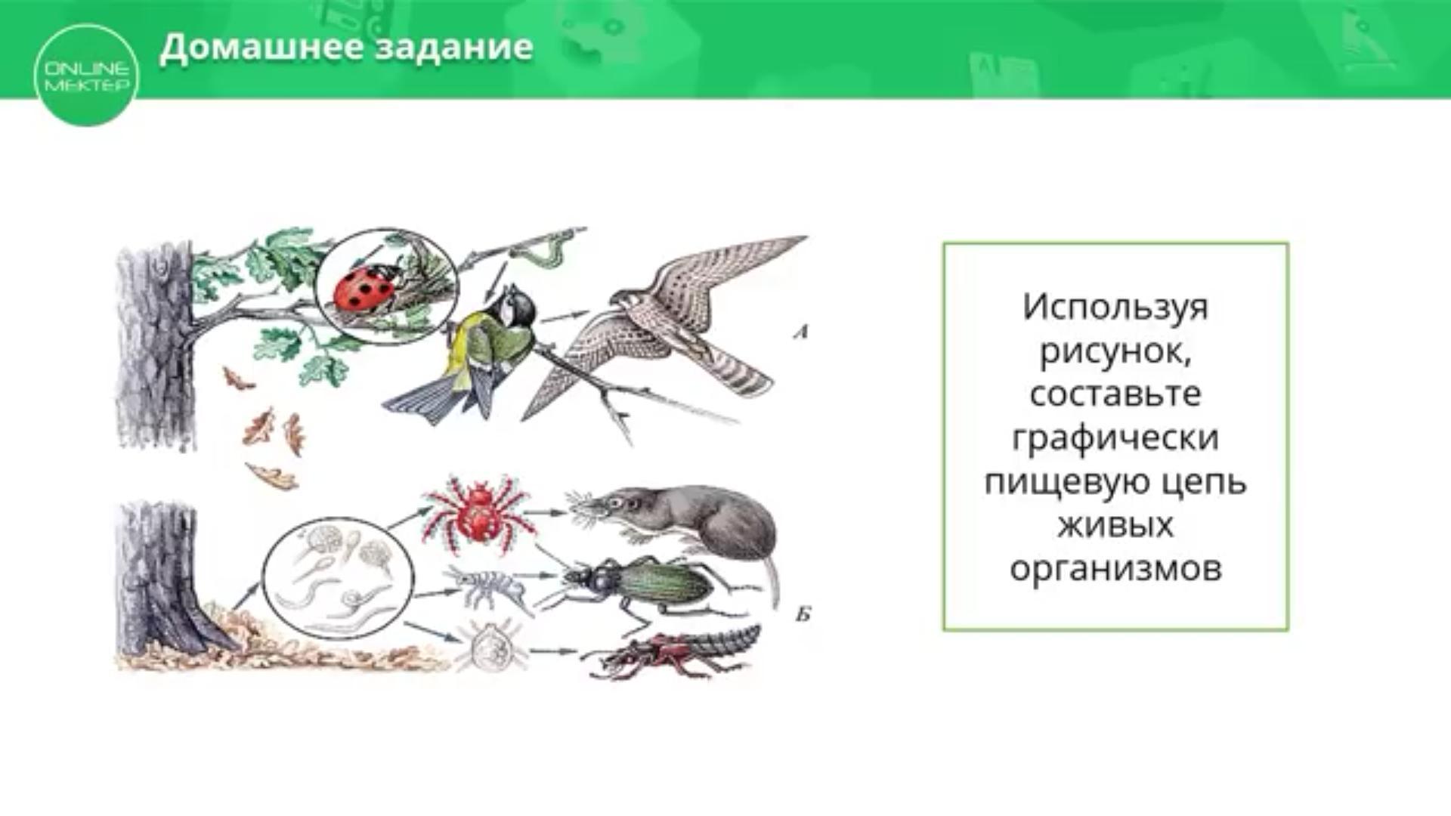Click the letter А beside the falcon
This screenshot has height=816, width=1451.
pos(801,331)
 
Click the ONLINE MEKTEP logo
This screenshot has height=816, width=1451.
pos(87,76)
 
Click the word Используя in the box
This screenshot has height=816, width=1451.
pos(1115,308)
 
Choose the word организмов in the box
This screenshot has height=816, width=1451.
pos(1115,569)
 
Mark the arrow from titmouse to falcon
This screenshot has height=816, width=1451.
pos(565,317)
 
